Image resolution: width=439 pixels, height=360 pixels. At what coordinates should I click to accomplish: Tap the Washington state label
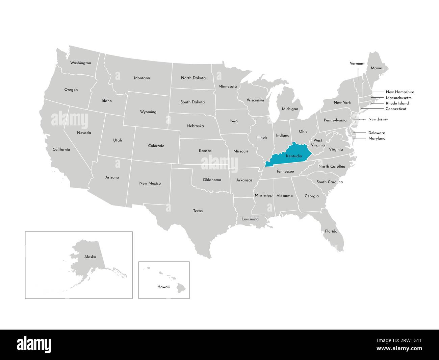pyautogui.click(x=80, y=63)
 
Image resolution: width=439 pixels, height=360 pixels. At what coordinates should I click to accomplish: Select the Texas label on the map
pyautogui.click(x=198, y=211)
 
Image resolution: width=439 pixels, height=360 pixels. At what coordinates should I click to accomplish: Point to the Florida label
pyautogui.click(x=331, y=231)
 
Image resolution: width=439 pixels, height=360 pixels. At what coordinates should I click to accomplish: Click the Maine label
pyautogui.click(x=376, y=68)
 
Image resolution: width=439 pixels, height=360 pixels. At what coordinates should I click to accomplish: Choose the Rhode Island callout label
pyautogui.click(x=397, y=103)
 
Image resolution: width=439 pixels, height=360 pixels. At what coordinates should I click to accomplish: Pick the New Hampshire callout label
pyautogui.click(x=399, y=92)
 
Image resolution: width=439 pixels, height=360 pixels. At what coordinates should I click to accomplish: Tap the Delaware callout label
pyautogui.click(x=377, y=133)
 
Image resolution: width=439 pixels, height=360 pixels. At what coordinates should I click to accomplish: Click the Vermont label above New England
pyautogui.click(x=357, y=64)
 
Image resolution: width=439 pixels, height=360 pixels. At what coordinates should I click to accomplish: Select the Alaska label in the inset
pyautogui.click(x=90, y=257)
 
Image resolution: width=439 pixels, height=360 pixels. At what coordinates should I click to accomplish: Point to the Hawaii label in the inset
pyautogui.click(x=163, y=287)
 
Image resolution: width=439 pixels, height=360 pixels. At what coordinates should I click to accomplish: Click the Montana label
pyautogui.click(x=142, y=78)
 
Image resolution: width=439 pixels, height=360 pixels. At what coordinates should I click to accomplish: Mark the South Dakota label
pyautogui.click(x=192, y=102)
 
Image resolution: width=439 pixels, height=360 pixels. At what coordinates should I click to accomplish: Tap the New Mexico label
pyautogui.click(x=150, y=184)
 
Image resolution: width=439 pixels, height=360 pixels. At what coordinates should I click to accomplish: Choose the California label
pyautogui.click(x=61, y=149)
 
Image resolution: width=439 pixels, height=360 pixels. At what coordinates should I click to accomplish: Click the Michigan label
pyautogui.click(x=290, y=109)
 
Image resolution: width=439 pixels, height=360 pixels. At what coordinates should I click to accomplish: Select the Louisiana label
pyautogui.click(x=250, y=219)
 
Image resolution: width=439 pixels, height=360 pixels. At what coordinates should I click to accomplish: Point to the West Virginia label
pyautogui.click(x=318, y=143)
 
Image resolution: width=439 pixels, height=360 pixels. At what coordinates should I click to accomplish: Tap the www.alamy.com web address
pyautogui.click(x=398, y=349)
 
